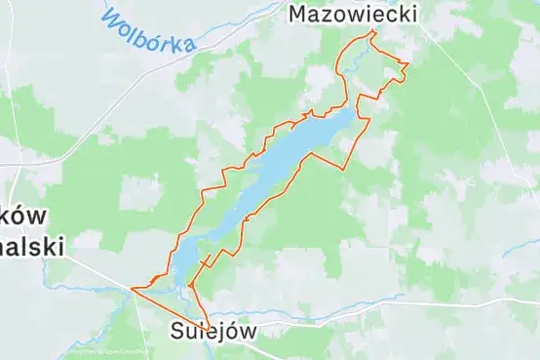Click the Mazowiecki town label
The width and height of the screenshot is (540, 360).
click(x=354, y=14)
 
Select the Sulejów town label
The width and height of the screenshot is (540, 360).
click(x=213, y=330)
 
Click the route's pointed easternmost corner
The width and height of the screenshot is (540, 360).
click(x=408, y=65)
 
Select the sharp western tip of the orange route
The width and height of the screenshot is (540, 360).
click(x=131, y=289)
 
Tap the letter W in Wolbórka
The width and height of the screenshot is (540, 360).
click(x=110, y=19)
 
